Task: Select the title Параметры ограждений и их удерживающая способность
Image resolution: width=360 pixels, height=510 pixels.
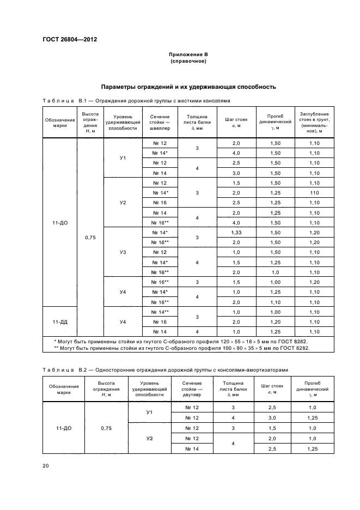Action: (188, 87)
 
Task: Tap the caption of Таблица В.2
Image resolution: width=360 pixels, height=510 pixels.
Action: (165, 370)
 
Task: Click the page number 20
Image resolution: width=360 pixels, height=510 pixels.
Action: (45, 465)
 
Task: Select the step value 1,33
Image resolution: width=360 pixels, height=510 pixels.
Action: (236, 233)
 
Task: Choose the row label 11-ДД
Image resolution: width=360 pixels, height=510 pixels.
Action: (60, 321)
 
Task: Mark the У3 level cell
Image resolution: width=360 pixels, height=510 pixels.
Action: (123, 252)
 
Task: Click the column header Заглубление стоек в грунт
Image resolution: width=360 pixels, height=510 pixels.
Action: (313, 123)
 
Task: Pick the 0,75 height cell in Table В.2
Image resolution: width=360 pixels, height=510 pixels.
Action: (106, 428)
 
